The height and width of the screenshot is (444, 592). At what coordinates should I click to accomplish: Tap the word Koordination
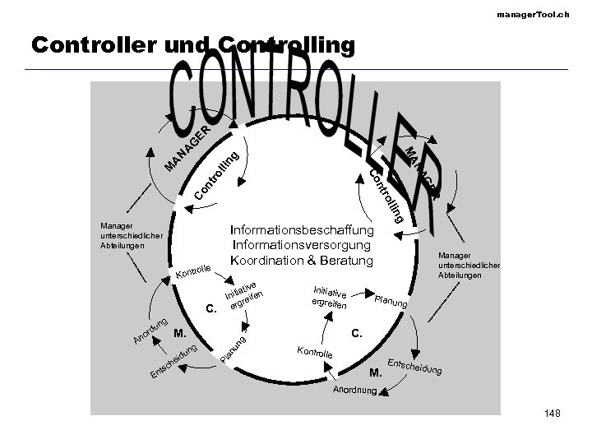pos(268,261)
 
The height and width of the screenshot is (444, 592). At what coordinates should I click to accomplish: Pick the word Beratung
pos(345,261)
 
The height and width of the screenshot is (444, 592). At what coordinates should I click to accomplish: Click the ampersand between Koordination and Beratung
pos(312,261)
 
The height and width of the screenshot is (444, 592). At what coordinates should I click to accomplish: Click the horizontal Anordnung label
pos(354,390)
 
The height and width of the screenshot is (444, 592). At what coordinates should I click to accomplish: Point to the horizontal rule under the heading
pos(297,69)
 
